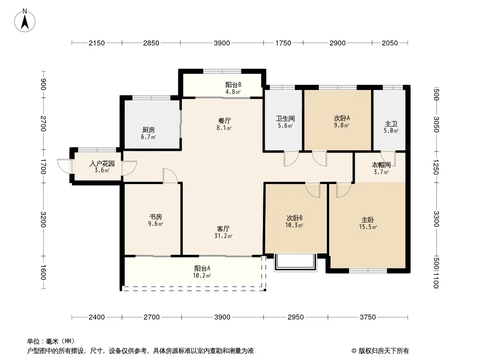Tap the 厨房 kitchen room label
149,130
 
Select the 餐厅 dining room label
224,121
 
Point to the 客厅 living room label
223,229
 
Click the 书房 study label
155,217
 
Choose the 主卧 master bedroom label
367,220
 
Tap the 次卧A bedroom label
342,118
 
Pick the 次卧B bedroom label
294,218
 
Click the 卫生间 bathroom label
285,118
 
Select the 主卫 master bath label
391,124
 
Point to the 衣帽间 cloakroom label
381,165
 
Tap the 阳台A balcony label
202,269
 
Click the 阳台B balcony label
233,85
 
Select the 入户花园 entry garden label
102,164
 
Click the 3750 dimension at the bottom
367,317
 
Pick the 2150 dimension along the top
97,43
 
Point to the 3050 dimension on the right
437,125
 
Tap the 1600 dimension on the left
43,272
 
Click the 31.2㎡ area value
223,236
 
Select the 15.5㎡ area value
368,227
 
